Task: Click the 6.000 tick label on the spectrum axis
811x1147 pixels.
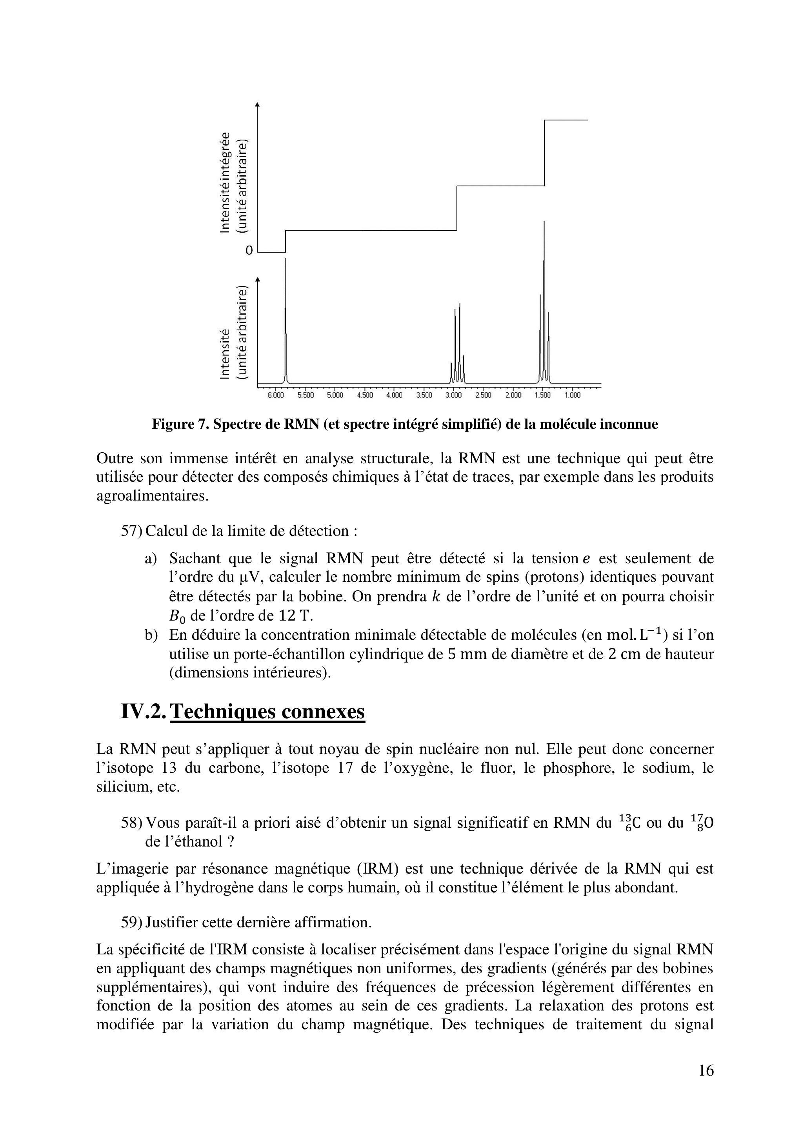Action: [276, 395]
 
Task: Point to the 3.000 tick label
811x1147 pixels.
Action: [453, 395]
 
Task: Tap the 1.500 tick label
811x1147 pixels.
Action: [542, 395]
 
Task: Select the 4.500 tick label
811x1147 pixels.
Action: [365, 395]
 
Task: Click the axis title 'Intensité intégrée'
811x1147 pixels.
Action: [225, 182]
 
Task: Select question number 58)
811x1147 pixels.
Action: [132, 822]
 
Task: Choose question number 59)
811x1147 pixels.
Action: [132, 922]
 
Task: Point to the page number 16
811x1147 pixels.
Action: [706, 1085]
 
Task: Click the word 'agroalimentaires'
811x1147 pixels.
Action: [152, 497]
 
